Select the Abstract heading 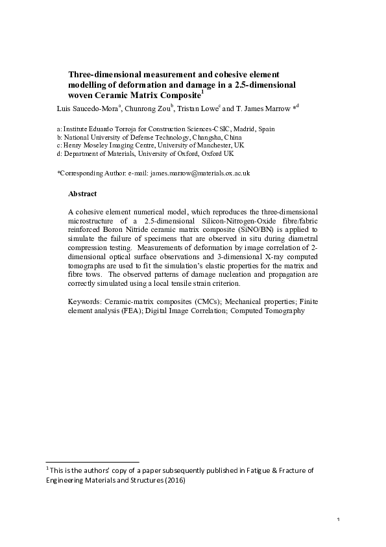click(x=82, y=194)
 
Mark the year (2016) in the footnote click(x=173, y=481)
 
